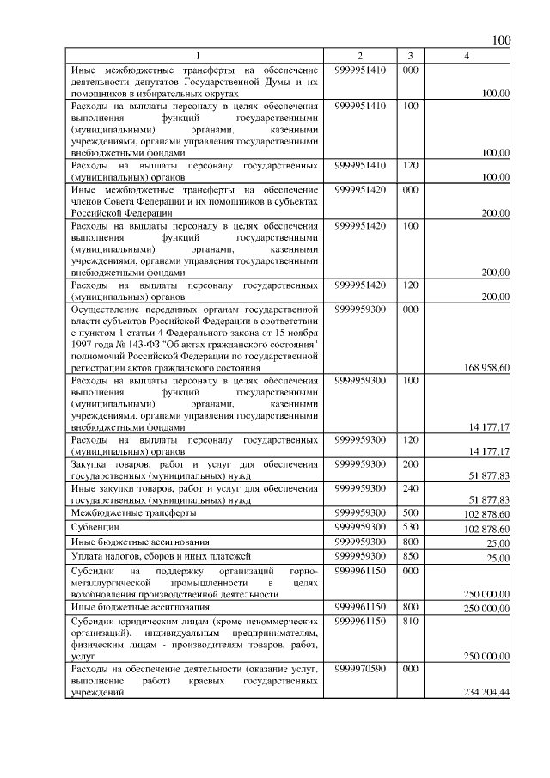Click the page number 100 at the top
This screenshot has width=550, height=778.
pyautogui.click(x=500, y=40)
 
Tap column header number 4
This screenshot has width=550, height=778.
pyautogui.click(x=466, y=56)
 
